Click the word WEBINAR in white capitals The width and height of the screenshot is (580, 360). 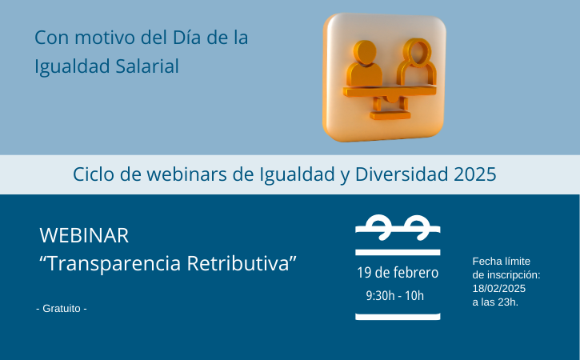click(x=84, y=235)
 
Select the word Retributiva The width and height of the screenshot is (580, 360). click(x=238, y=263)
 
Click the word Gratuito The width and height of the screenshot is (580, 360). click(x=62, y=309)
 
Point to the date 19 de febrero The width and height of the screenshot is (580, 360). click(x=398, y=273)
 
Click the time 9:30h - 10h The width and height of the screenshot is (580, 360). click(x=395, y=296)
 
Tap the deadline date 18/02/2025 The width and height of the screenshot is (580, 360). click(x=499, y=289)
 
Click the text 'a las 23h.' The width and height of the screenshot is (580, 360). click(x=495, y=302)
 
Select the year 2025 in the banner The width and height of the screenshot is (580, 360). click(x=475, y=174)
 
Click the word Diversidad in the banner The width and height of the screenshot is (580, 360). click(x=402, y=174)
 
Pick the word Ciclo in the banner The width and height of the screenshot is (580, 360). click(x=94, y=174)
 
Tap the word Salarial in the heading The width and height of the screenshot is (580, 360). click(x=147, y=66)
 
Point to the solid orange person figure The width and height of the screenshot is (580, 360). click(x=364, y=64)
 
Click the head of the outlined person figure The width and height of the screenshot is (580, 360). click(x=418, y=52)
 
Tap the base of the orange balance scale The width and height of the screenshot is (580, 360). click(x=390, y=116)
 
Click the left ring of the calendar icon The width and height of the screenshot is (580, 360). click(x=378, y=226)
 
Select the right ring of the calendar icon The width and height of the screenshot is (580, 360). click(x=417, y=226)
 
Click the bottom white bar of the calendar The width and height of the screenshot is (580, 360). click(x=398, y=317)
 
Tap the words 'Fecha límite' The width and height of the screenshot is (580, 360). click(x=502, y=262)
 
